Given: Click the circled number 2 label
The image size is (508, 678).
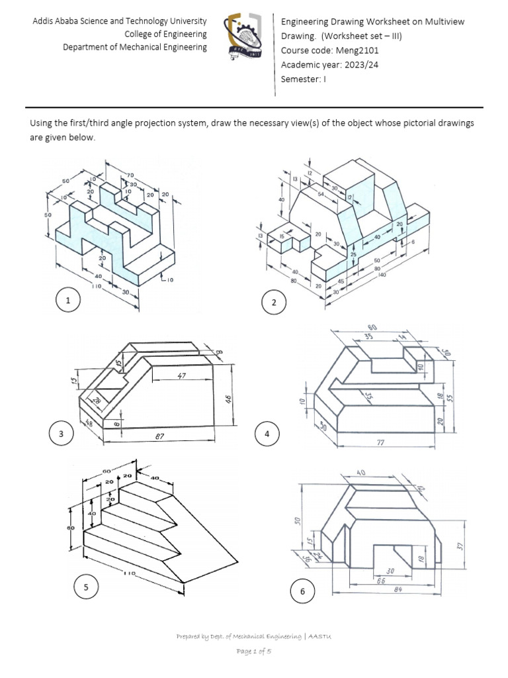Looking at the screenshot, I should coord(274,303).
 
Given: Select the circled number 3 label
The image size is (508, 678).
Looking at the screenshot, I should coord(61,434).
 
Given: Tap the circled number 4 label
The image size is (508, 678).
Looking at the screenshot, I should coord(267,434).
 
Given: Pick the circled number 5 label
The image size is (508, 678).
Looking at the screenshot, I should coord(85,587).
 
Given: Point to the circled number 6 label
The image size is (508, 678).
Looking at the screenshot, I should coord(303,592).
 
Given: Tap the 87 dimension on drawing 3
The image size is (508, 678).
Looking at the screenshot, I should coord(157,438).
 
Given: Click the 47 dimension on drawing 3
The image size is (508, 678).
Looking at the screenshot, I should coord(183,376).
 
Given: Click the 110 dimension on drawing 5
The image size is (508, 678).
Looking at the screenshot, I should coord(129,573).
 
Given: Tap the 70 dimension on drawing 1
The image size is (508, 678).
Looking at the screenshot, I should coord(130,175).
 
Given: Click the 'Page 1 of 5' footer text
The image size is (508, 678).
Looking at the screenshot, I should coord(254,652).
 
